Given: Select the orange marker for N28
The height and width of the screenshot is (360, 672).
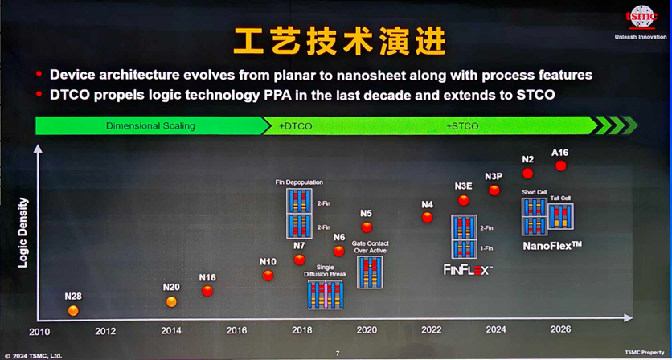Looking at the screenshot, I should point(73,310).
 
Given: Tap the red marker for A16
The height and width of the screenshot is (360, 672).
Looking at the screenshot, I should point(560,166).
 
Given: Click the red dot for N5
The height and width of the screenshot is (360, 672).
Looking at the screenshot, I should point(367,227).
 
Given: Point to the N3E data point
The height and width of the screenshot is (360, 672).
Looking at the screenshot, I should point(463,200).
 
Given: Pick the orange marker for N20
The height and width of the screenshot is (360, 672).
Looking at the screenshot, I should point(171,301).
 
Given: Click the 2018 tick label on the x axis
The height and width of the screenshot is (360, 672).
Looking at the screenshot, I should point(301,330).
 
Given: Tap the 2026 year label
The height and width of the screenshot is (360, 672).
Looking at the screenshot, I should point(560,329).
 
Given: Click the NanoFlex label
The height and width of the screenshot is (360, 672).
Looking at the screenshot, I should point(552,244).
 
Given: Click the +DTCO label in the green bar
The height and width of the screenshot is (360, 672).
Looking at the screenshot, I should point(296,126).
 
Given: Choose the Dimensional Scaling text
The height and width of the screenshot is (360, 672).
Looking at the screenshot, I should point(150,126).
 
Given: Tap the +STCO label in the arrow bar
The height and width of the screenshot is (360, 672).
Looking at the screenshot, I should point(462,126).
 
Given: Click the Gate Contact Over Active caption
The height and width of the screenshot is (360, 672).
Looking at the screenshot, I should point(370,247).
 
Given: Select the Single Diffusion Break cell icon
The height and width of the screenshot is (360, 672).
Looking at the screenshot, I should point(325,294).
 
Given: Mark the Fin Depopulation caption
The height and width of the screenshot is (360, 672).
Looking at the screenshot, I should point(298,183).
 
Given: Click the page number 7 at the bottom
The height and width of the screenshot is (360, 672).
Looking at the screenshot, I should point(338,354).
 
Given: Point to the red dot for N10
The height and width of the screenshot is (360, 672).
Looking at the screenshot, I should point(268,276).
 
